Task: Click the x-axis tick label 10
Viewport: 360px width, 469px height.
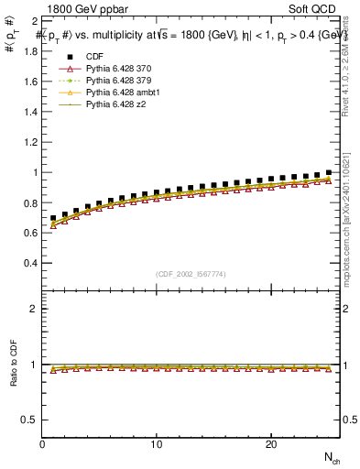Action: [157, 445]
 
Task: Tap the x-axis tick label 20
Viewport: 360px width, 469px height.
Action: [271, 445]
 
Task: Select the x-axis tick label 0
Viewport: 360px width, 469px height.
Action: [43, 445]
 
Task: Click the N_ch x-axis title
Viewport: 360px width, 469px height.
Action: [331, 457]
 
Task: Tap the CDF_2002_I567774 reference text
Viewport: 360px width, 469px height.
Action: [191, 274]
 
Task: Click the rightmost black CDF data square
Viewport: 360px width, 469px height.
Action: [328, 172]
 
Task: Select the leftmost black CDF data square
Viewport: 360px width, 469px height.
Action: [53, 218]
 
